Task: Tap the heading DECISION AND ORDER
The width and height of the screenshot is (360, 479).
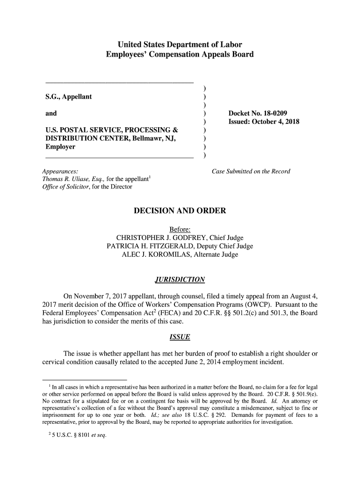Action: click(x=180, y=211)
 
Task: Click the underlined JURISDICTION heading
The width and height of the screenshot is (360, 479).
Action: click(x=180, y=280)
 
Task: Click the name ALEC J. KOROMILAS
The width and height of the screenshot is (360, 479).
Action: click(x=154, y=255)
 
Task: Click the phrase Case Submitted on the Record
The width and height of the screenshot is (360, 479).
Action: click(x=251, y=171)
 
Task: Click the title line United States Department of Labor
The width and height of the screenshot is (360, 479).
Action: click(x=180, y=45)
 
